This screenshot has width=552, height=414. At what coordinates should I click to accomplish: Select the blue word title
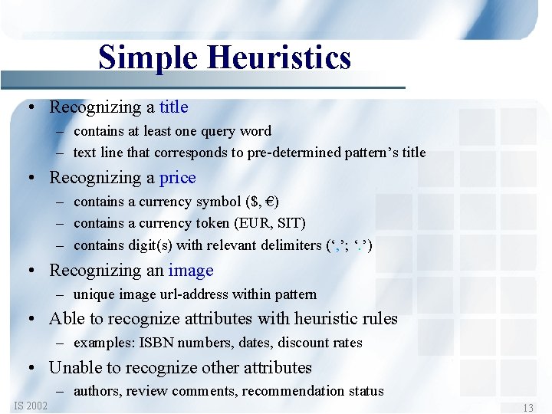[173, 107]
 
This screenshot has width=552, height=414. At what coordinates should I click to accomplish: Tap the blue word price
[177, 178]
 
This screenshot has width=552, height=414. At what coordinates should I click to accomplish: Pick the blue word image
[191, 271]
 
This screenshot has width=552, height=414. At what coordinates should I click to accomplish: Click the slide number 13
[527, 408]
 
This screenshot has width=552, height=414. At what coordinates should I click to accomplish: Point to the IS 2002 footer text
[31, 406]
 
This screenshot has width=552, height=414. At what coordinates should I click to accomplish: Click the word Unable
[74, 367]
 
